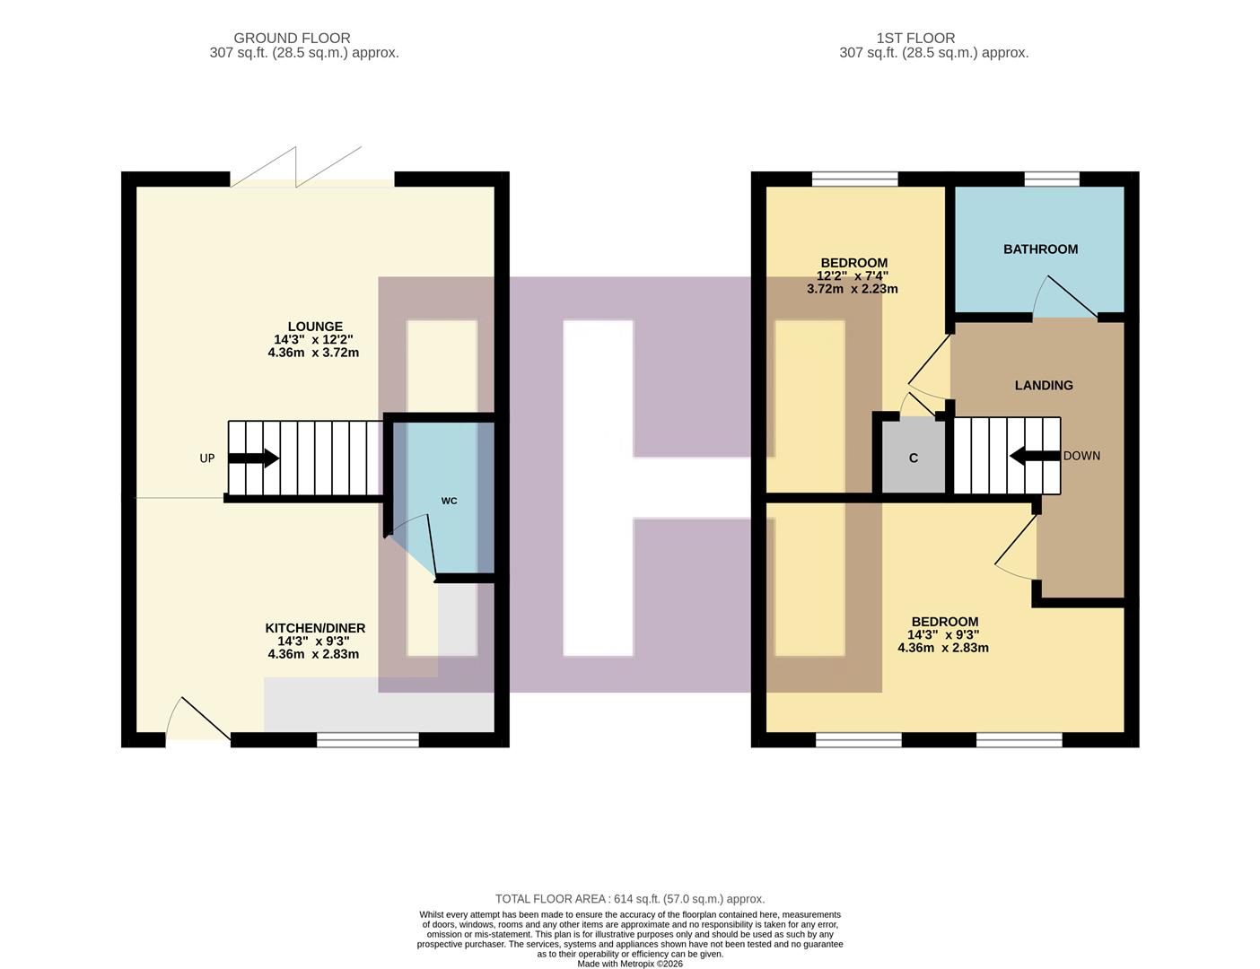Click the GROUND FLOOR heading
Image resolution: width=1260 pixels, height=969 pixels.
pyautogui.click(x=292, y=39)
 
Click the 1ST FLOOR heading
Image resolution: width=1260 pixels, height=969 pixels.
pyautogui.click(x=915, y=39)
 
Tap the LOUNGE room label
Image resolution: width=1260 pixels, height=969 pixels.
pyautogui.click(x=314, y=327)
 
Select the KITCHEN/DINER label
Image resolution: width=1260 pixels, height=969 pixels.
pyautogui.click(x=315, y=628)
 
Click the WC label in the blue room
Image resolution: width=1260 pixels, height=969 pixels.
pyautogui.click(x=449, y=501)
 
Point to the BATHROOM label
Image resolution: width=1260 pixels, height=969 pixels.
pyautogui.click(x=1040, y=249)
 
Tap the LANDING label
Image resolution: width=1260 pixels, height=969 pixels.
pyautogui.click(x=1044, y=385)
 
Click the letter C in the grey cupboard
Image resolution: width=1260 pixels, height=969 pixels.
pyautogui.click(x=914, y=458)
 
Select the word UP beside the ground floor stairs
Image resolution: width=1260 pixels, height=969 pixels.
pyautogui.click(x=207, y=458)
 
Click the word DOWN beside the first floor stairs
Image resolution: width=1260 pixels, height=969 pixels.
pyautogui.click(x=1081, y=456)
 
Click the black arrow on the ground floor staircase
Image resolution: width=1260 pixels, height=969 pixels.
pyautogui.click(x=254, y=458)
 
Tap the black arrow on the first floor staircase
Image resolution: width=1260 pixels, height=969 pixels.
pyautogui.click(x=1034, y=456)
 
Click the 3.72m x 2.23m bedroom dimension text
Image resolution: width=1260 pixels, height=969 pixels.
pyautogui.click(x=852, y=289)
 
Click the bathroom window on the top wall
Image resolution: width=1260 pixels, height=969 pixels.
pyautogui.click(x=1052, y=179)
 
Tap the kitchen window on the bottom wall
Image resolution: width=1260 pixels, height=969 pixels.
pyautogui.click(x=368, y=739)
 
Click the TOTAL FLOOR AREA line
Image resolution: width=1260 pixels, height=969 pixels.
pyautogui.click(x=630, y=899)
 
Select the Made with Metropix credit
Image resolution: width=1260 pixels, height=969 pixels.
pyautogui.click(x=630, y=964)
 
